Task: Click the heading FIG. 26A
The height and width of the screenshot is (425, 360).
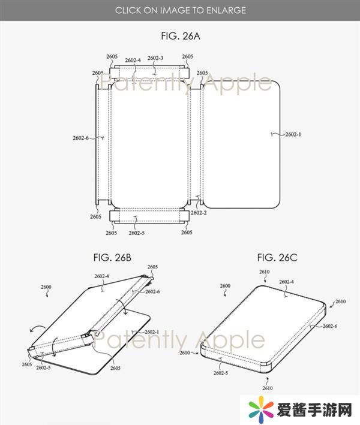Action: click(181, 36)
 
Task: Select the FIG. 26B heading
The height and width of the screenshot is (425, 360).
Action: click(112, 258)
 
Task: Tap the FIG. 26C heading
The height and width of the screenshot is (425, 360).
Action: click(277, 258)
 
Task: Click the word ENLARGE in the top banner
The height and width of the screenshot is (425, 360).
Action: click(226, 10)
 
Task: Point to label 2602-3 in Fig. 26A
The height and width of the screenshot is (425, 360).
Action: click(155, 58)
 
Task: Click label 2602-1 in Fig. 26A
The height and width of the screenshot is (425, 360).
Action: click(293, 134)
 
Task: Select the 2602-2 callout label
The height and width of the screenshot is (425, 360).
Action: click(199, 213)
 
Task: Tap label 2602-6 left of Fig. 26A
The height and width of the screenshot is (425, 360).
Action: click(80, 138)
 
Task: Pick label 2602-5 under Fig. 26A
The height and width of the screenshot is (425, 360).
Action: click(136, 233)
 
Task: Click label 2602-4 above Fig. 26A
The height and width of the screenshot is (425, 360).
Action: click(133, 60)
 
